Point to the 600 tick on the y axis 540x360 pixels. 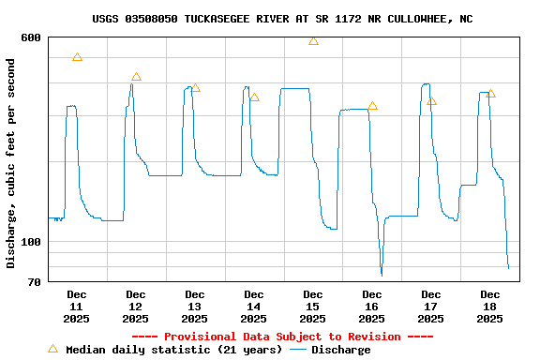tap(31, 37)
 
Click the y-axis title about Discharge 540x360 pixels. tap(11, 163)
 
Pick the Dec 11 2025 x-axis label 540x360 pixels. tap(77, 307)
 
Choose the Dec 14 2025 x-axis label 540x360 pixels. tap(254, 307)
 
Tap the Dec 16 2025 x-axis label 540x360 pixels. tap(372, 307)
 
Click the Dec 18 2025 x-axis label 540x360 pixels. tap(490, 307)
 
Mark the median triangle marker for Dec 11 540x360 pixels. tap(77, 57)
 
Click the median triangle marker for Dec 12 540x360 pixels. tap(136, 77)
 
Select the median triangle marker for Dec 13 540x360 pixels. tap(195, 88)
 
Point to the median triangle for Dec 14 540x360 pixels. tap(254, 97)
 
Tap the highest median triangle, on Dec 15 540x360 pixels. tap(313, 41)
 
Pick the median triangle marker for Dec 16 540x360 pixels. tap(372, 106)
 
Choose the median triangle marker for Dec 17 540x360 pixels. tap(431, 101)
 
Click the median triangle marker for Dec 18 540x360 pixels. tap(490, 94)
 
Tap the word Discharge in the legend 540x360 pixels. tap(340, 350)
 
